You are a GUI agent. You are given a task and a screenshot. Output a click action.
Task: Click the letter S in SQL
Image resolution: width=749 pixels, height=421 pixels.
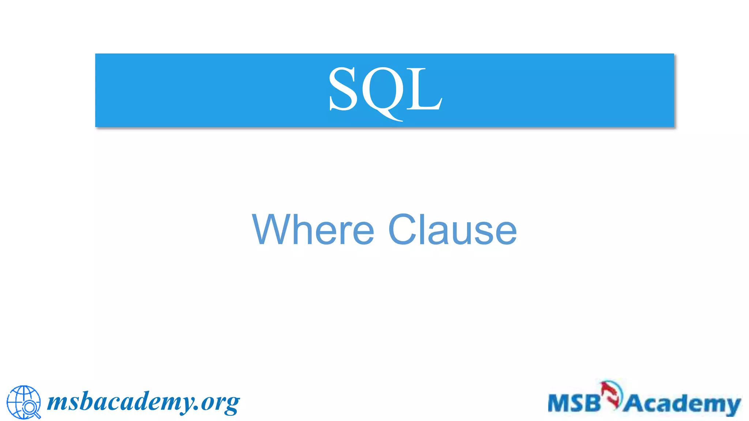[343, 89]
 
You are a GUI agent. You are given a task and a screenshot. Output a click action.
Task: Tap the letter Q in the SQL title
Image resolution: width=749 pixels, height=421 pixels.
[383, 91]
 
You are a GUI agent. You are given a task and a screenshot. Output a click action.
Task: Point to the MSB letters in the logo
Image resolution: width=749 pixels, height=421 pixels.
[574, 403]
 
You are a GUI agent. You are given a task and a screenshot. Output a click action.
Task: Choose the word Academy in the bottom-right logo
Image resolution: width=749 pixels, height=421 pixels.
[682, 404]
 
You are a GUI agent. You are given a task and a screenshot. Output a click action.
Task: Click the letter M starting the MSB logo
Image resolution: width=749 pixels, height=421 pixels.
[558, 403]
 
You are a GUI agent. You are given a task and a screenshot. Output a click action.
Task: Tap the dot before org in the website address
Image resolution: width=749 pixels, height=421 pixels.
[196, 409]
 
